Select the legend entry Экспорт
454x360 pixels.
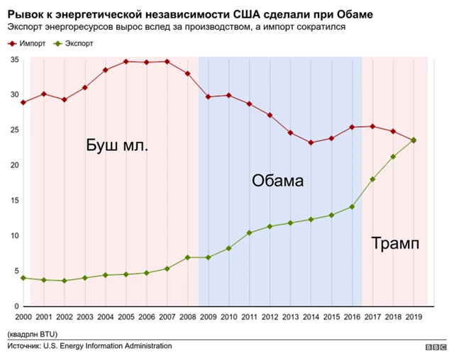(77, 44)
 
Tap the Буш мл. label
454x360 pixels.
(117, 147)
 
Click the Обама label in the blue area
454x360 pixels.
(277, 181)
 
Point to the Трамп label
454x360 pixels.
(395, 244)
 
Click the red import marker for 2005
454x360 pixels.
(126, 62)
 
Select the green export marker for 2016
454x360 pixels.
(352, 207)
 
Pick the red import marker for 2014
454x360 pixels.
(311, 142)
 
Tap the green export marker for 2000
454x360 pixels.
(23, 278)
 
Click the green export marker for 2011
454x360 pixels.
(249, 232)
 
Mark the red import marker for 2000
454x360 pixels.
(23, 103)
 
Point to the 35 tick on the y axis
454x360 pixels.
(14, 60)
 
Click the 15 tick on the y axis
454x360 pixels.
(14, 201)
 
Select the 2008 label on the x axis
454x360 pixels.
(187, 316)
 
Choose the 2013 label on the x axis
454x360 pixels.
(290, 316)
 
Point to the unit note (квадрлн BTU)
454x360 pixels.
(33, 333)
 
